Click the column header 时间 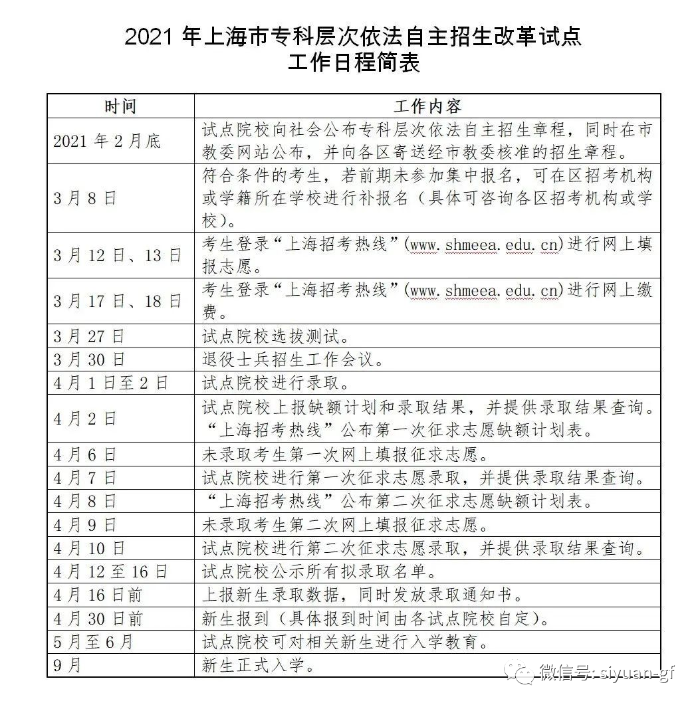pos(120,106)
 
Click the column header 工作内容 pos(427,106)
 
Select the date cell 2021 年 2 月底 pos(107,141)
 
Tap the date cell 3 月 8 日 pos(84,199)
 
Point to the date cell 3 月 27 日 pos(89,336)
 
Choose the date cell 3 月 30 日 pos(89,359)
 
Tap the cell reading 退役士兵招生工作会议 pos(292,359)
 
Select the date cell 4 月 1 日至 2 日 pos(111,383)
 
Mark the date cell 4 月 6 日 pos(84,454)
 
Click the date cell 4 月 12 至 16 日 pos(111,571)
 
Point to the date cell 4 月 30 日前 pos(98,619)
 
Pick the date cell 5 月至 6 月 pos(94,642)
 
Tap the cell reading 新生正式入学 pos(258,665)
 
